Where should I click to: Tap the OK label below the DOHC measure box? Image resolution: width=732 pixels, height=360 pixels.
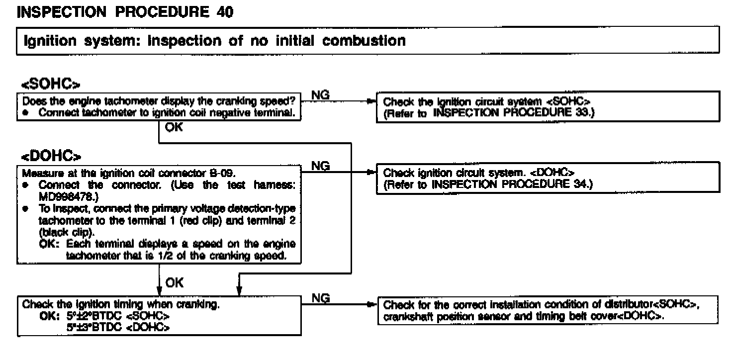174,283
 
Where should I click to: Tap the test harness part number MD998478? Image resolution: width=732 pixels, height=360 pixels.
59,196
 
